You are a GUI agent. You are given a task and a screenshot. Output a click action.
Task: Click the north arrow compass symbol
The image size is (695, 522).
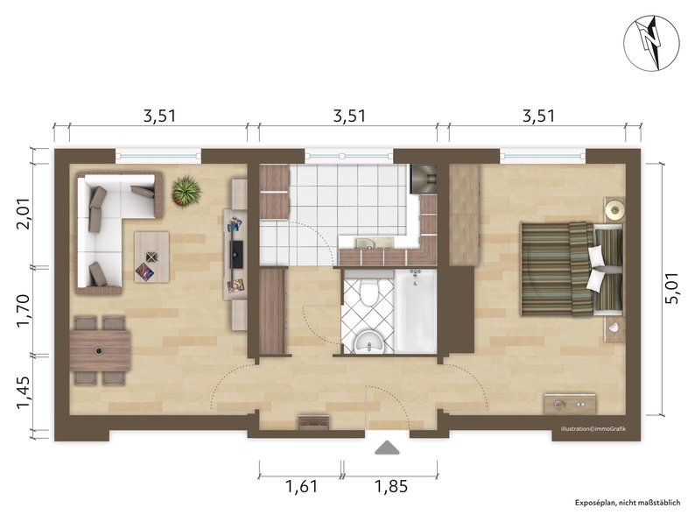[651, 43]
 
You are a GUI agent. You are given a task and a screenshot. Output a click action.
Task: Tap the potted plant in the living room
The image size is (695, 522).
[186, 191]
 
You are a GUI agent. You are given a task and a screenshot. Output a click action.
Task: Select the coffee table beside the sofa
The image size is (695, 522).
[151, 257]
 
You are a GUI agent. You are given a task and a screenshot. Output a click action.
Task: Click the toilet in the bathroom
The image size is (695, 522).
[369, 291]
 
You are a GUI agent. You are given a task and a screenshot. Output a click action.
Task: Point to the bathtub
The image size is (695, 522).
[415, 310]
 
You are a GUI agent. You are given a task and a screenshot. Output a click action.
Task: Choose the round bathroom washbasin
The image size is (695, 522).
[369, 343]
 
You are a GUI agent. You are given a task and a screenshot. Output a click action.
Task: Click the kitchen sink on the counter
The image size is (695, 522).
[374, 242]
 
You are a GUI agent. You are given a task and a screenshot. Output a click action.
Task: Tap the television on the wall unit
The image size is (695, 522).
[236, 254]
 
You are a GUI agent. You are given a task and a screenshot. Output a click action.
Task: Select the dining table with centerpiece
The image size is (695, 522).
[100, 351]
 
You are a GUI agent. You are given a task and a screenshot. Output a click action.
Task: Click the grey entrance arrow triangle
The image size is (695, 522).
[387, 448]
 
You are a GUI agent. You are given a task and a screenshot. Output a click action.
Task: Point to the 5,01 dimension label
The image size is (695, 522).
[672, 288]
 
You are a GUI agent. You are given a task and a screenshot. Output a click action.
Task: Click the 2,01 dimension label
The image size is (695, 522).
[23, 214]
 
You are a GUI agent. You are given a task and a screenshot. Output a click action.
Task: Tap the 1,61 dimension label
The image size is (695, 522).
[301, 486]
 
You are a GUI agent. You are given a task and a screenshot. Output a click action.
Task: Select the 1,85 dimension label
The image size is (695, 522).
[391, 486]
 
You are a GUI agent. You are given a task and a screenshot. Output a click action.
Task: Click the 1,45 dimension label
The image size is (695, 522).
[23, 393]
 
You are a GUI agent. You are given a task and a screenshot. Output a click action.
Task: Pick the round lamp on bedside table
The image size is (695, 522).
[614, 209]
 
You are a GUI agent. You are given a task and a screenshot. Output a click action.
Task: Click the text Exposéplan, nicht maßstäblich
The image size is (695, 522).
[628, 503]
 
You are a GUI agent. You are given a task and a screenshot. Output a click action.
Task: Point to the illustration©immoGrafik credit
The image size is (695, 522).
[593, 429]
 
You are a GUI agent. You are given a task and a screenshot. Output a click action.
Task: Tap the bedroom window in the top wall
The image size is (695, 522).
[543, 156]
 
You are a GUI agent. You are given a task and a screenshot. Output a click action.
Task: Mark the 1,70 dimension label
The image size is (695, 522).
[23, 310]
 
